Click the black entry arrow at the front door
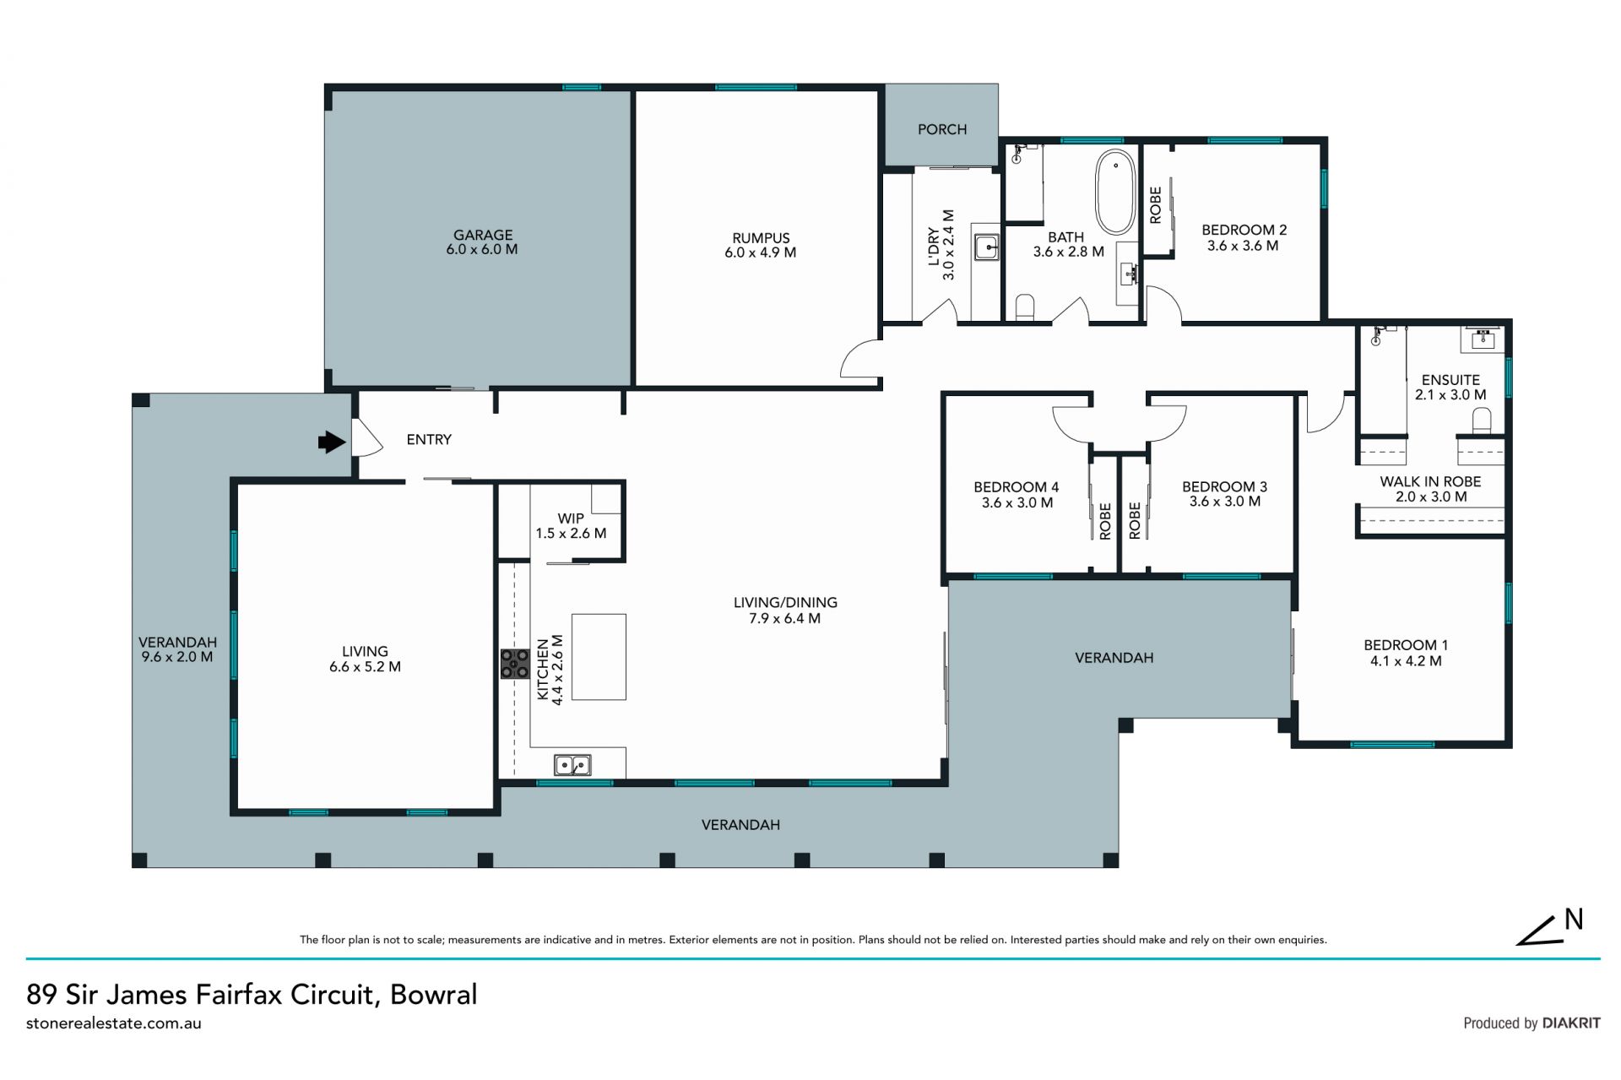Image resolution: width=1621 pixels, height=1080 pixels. pos(332,442)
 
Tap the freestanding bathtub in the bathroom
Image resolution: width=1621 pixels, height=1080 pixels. pos(1115,192)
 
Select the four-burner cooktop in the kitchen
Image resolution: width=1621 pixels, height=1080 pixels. pos(514,664)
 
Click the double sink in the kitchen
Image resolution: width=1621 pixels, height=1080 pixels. pos(572,765)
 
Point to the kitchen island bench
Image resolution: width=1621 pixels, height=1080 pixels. pos(599,657)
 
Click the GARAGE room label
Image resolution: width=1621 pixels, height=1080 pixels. pos(483,235)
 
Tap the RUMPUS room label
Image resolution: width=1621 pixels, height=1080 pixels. pos(761,238)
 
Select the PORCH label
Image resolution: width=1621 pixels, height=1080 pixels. pos(942,129)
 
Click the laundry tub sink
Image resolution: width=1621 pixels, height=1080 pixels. pos(985,247)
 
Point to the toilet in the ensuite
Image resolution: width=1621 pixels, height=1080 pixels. pos(1482,421)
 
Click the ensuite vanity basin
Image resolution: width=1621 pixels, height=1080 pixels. pos(1483,339)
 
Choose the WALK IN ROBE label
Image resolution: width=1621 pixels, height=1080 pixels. pos(1430,481)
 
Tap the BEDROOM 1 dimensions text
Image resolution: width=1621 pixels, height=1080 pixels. pos(1406,661)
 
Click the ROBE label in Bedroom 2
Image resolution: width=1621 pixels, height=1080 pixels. pos(1156,205)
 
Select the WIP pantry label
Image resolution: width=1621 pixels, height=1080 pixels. pos(571,518)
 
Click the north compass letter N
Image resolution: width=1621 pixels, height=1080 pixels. pos(1574,920)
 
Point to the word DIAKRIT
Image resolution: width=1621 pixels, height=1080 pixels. pos(1571,1023)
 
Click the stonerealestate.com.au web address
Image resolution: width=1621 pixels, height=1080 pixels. pos(114,1023)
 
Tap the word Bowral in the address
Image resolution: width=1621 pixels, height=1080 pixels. pos(434,994)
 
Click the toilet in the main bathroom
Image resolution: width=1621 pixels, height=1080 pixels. pos(1025,307)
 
